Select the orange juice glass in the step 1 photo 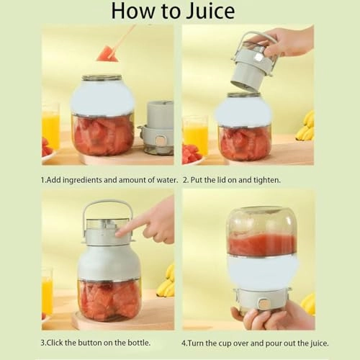point(50,126)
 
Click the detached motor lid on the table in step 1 point(159,127)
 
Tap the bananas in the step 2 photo point(307,126)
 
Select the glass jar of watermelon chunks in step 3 point(109,299)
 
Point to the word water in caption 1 point(160,179)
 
